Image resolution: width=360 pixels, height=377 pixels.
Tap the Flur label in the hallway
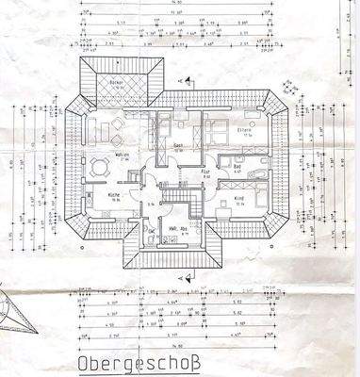tap(205, 173)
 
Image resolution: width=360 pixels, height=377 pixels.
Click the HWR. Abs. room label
tap(174, 229)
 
